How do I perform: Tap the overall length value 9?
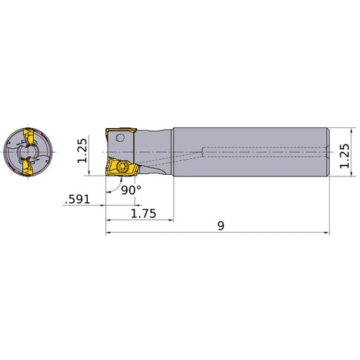point(220,226)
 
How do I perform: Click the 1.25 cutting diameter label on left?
point(82,151)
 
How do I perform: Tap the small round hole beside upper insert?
point(131,135)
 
